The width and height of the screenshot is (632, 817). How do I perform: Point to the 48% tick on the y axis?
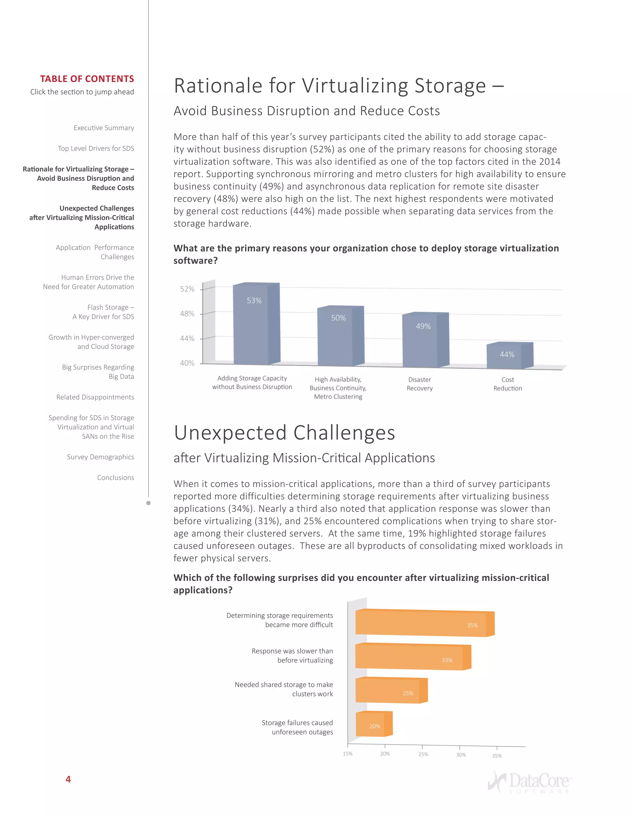pos(187,314)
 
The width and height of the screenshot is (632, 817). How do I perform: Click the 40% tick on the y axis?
pos(187,363)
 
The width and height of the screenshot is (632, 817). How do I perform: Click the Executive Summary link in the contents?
pos(104,128)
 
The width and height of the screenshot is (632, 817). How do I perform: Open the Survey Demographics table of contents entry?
pos(100,457)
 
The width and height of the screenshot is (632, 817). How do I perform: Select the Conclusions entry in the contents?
pos(115,478)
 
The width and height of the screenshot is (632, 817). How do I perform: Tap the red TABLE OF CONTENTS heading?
pos(87,79)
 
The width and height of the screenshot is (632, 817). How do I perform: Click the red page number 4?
pos(68,779)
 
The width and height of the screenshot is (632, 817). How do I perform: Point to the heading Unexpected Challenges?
pos(285,433)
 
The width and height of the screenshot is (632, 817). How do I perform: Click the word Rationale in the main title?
pos(218,86)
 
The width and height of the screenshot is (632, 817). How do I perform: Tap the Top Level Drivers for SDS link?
pos(96,149)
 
